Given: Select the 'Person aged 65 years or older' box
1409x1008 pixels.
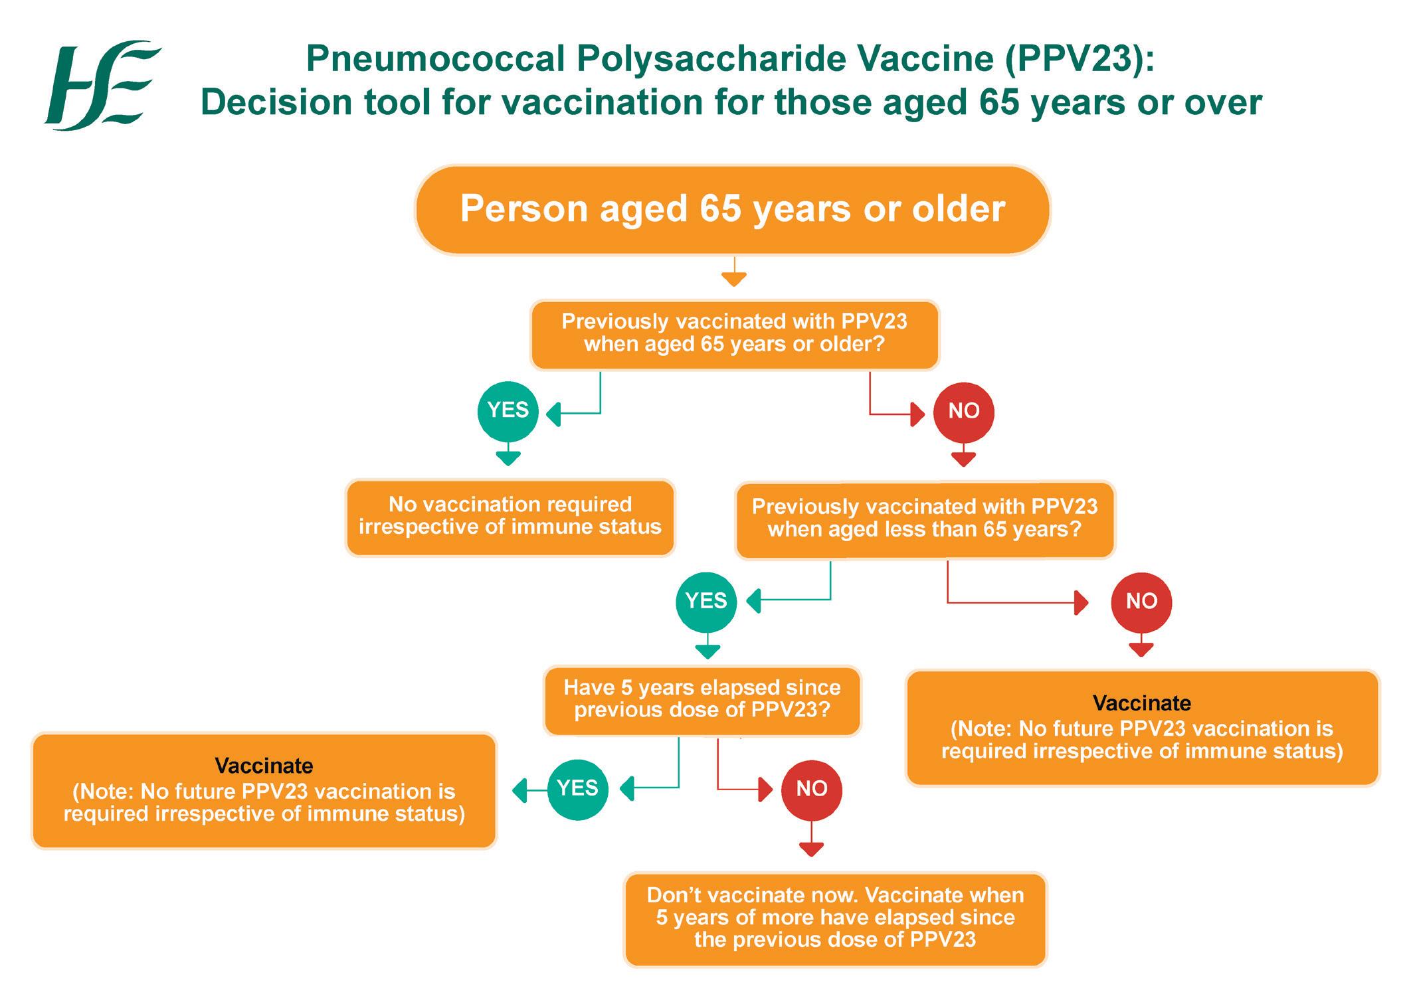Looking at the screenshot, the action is click(x=732, y=209).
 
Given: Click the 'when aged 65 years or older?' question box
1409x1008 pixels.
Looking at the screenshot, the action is click(x=734, y=333).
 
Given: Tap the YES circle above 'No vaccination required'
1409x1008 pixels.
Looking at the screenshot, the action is click(x=508, y=411).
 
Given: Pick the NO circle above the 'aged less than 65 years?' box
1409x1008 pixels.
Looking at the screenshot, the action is click(x=963, y=412).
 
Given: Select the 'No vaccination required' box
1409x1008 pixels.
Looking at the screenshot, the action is click(x=510, y=517).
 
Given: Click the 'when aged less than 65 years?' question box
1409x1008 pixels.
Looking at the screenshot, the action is click(x=924, y=519).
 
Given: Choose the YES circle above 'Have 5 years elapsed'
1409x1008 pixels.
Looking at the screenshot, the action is click(x=705, y=602).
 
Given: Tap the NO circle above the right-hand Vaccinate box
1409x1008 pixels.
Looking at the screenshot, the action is click(x=1141, y=602).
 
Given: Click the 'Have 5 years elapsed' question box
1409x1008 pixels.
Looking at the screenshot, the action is click(x=702, y=700).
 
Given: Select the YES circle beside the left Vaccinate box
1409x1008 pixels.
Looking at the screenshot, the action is click(x=577, y=789).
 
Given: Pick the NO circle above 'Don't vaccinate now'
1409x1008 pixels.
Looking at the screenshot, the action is click(x=811, y=790).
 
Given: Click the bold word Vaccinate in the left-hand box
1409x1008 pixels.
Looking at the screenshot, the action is click(x=264, y=766).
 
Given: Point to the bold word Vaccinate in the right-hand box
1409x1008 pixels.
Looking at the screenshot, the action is click(x=1141, y=703).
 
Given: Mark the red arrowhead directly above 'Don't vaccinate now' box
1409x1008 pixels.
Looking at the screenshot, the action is click(x=811, y=849).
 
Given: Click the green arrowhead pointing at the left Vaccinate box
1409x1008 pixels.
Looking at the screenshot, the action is click(x=519, y=790).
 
